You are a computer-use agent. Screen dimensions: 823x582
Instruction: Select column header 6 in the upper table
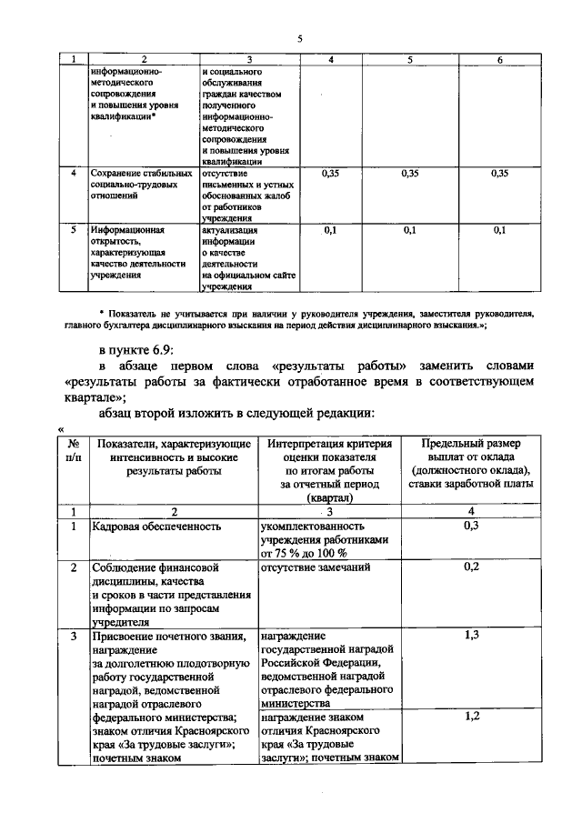(x=499, y=59)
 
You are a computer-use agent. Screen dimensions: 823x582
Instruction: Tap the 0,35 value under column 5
(x=410, y=172)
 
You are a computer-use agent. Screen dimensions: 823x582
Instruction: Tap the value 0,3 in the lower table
(x=471, y=526)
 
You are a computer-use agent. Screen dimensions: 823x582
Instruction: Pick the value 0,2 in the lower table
(x=471, y=567)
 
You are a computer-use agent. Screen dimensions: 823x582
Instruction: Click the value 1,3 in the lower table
(x=471, y=635)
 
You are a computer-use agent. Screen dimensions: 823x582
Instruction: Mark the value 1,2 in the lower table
(x=471, y=717)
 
